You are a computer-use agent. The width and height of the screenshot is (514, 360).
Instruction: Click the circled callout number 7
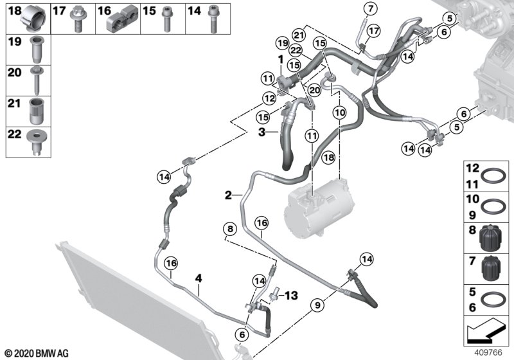pyautogui.click(x=371, y=8)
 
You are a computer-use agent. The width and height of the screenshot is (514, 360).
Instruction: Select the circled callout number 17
pyautogui.click(x=373, y=31)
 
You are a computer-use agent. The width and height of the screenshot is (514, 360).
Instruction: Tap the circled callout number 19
pyautogui.click(x=282, y=43)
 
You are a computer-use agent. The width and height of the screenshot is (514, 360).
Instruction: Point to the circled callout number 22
pyautogui.click(x=296, y=51)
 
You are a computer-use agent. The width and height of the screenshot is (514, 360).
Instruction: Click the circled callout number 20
pyautogui.click(x=314, y=89)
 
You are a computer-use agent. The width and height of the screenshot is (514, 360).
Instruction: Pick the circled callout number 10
pyautogui.click(x=339, y=113)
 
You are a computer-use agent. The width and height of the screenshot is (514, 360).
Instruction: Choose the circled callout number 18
pyautogui.click(x=328, y=157)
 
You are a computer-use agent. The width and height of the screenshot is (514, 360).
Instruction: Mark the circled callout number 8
pyautogui.click(x=230, y=228)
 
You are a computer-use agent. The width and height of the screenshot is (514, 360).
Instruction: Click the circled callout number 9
pyautogui.click(x=317, y=305)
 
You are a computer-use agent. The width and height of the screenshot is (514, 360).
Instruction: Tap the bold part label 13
pyautogui.click(x=291, y=296)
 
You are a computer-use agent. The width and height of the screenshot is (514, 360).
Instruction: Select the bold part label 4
pyautogui.click(x=199, y=278)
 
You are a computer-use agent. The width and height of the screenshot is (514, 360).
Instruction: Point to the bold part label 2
pyautogui.click(x=228, y=195)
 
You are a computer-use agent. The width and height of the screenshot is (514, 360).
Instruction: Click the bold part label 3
pyautogui.click(x=261, y=132)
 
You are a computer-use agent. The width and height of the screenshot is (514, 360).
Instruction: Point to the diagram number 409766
pyautogui.click(x=488, y=352)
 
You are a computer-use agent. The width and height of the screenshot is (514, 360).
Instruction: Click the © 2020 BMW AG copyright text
pyautogui.click(x=37, y=354)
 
